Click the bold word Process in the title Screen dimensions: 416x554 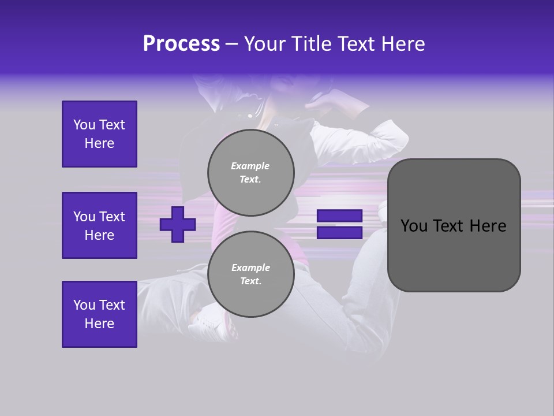click(181, 44)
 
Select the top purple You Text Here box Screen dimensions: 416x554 click(99, 134)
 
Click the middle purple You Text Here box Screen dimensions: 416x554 click(99, 225)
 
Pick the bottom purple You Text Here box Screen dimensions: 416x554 click(99, 314)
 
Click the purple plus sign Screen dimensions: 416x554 click(178, 224)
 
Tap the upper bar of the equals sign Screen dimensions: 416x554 click(339, 216)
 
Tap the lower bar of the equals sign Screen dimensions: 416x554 click(339, 233)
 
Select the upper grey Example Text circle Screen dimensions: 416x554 click(250, 172)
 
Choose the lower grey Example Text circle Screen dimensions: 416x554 click(250, 274)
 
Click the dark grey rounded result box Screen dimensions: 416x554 click(454, 254)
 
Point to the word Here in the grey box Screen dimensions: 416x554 click(488, 226)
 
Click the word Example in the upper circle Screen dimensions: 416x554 click(250, 166)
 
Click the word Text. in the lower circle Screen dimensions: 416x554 click(250, 281)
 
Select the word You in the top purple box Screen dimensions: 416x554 click(84, 125)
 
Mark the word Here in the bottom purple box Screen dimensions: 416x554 click(99, 324)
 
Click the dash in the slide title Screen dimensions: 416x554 click(231, 44)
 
